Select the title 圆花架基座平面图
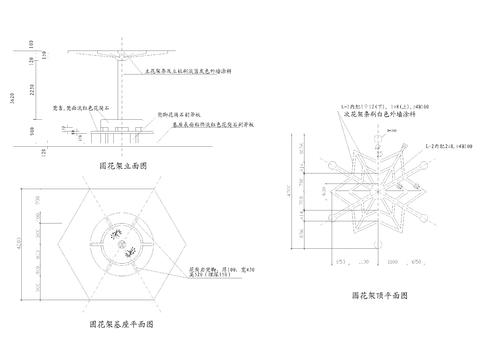point(119,325)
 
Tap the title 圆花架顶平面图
point(379,296)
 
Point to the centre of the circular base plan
point(119,245)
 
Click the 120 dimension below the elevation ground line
point(30,154)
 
